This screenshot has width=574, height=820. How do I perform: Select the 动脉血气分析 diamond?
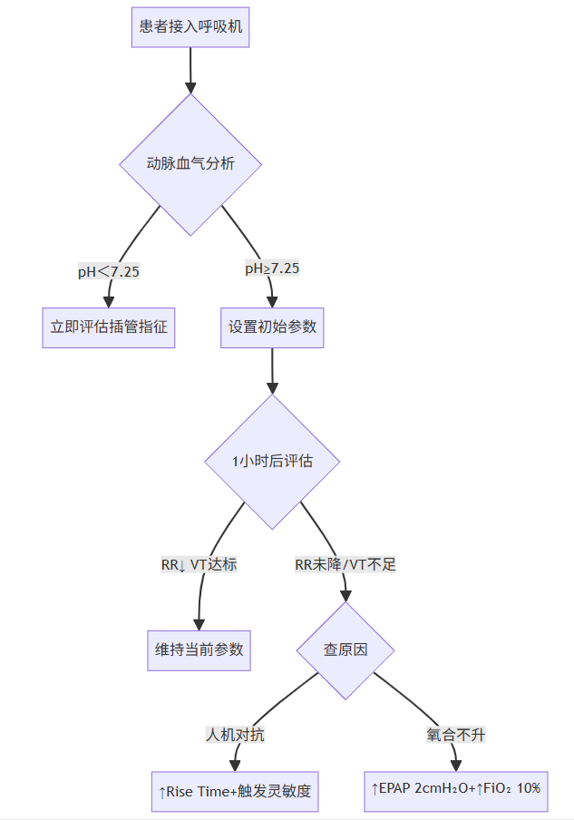coord(190,164)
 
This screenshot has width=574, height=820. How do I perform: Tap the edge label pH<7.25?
coord(109,271)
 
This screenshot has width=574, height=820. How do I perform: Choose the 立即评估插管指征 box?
coord(108,327)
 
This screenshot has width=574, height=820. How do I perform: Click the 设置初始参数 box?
coord(272,327)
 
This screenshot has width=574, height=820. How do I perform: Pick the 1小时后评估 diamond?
coord(272,461)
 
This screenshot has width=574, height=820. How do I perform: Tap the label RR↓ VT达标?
coord(199,564)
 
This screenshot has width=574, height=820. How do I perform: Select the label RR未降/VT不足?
coord(345,564)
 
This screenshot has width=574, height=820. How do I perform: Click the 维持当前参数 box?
coord(199,650)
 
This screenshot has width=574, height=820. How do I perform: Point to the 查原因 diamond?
coord(345,650)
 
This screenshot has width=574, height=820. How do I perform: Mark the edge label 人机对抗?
coord(235,734)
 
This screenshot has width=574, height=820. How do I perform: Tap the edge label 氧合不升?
coord(456,734)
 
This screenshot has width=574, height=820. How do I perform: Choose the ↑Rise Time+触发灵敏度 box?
coord(235,791)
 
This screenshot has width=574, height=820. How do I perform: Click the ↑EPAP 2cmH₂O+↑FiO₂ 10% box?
coord(456,788)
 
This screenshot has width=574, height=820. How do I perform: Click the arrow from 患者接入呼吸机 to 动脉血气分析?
coord(190,69)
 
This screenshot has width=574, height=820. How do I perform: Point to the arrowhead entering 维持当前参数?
coord(199,623)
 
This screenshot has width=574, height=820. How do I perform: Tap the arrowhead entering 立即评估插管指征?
coord(109,302)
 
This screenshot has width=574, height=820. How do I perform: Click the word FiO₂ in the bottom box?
coord(497,788)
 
